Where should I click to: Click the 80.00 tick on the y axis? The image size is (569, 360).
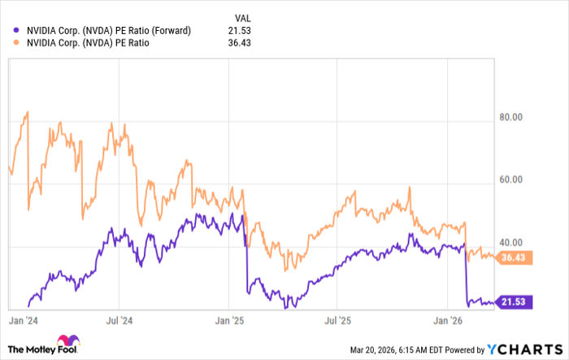click(x=511, y=118)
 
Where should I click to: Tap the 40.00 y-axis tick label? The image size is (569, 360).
click(x=511, y=243)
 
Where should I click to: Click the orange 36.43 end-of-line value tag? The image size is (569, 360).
click(x=515, y=257)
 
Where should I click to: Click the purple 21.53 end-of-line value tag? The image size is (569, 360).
click(x=515, y=302)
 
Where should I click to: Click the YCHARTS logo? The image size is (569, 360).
click(x=524, y=348)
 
